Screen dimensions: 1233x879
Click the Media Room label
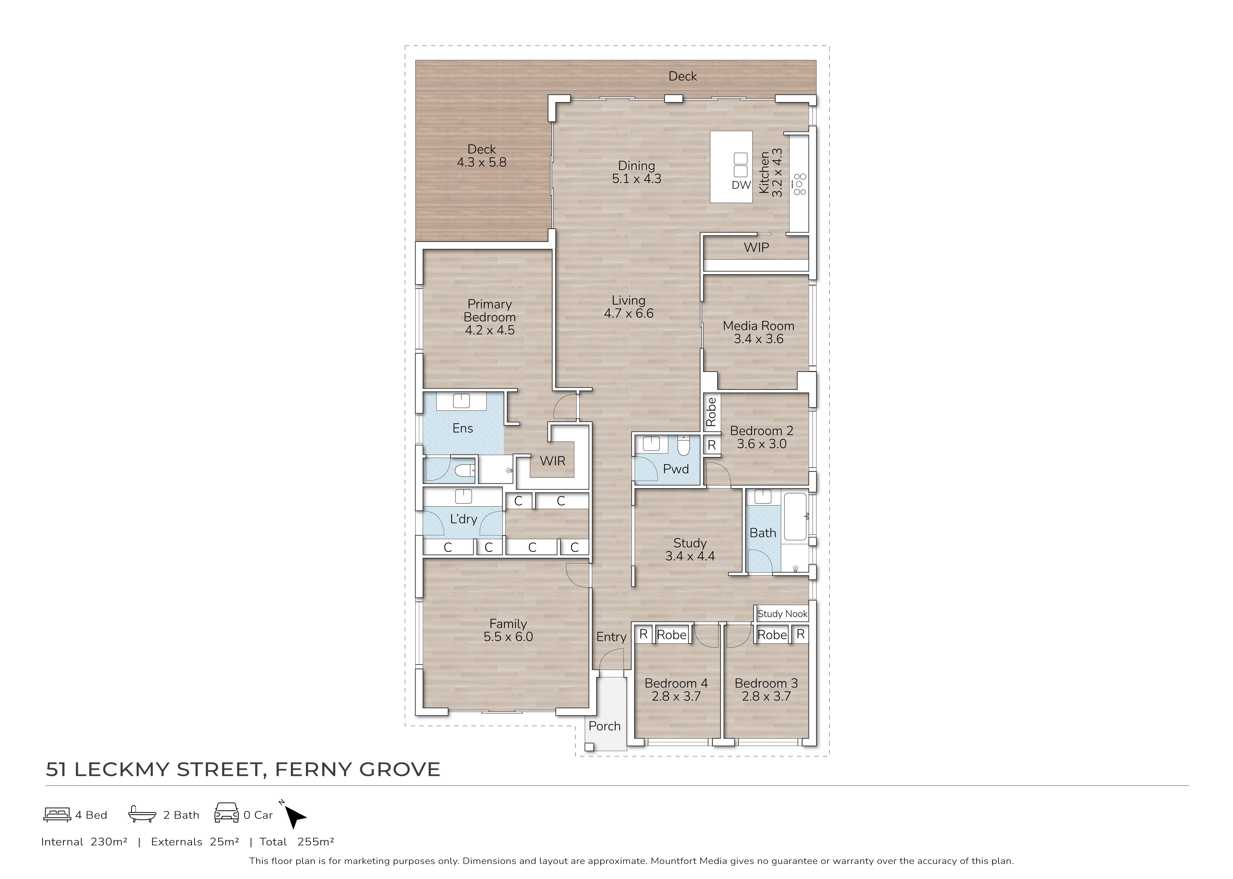pos(759,326)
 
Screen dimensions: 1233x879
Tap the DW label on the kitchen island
pos(741,185)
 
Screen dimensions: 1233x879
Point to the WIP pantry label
pos(756,247)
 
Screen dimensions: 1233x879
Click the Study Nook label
pos(782,614)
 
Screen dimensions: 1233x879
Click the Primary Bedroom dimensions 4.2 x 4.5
pos(490,330)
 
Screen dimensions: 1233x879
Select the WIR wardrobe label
pos(552,461)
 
